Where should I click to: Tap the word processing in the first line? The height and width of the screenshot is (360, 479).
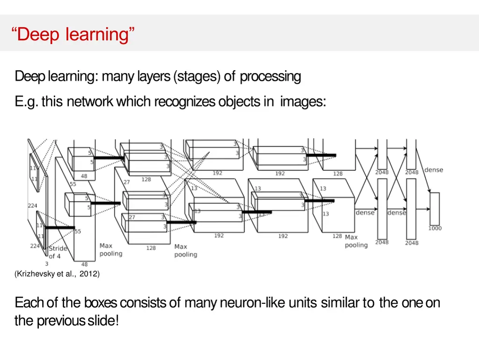point(270,76)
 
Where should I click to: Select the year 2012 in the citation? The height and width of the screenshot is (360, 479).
point(88,274)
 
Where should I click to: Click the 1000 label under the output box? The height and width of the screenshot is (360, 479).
point(435,228)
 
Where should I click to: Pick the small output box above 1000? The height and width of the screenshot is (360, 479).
point(435,209)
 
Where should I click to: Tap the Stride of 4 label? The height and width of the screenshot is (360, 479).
point(58,252)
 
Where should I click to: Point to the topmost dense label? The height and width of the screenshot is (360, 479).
point(434,170)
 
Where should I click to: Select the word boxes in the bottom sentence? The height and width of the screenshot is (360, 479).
point(100,303)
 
